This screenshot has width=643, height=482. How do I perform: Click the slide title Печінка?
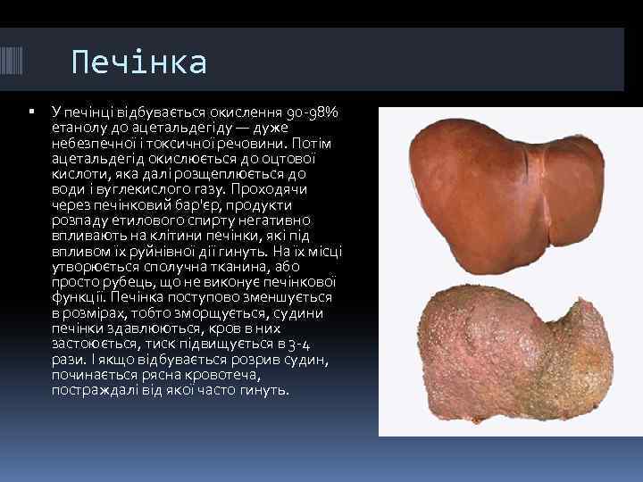click(x=139, y=62)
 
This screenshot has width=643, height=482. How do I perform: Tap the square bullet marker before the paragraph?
click(x=31, y=112)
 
